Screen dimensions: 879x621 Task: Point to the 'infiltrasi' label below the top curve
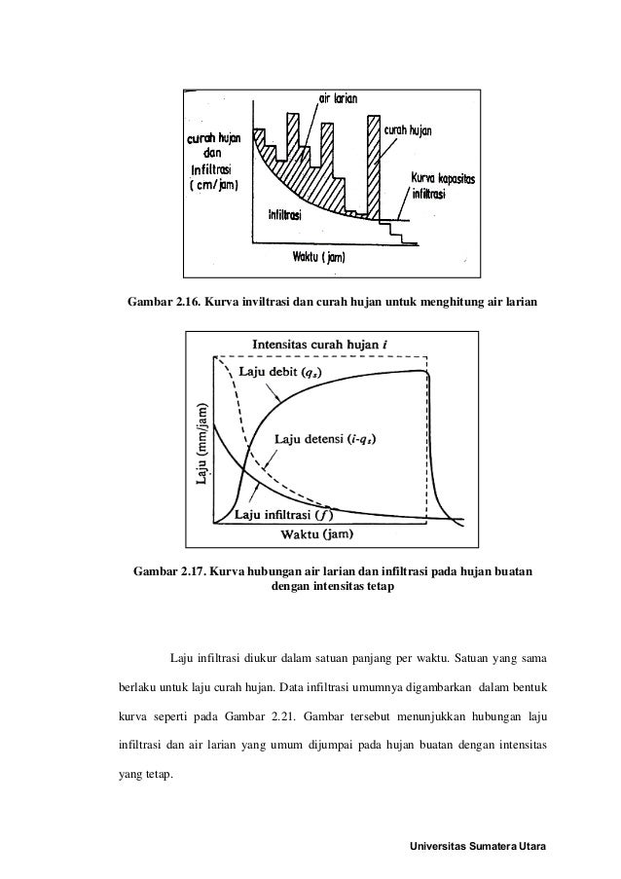pos(289,215)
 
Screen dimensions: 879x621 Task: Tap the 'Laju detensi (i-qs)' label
pos(328,439)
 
